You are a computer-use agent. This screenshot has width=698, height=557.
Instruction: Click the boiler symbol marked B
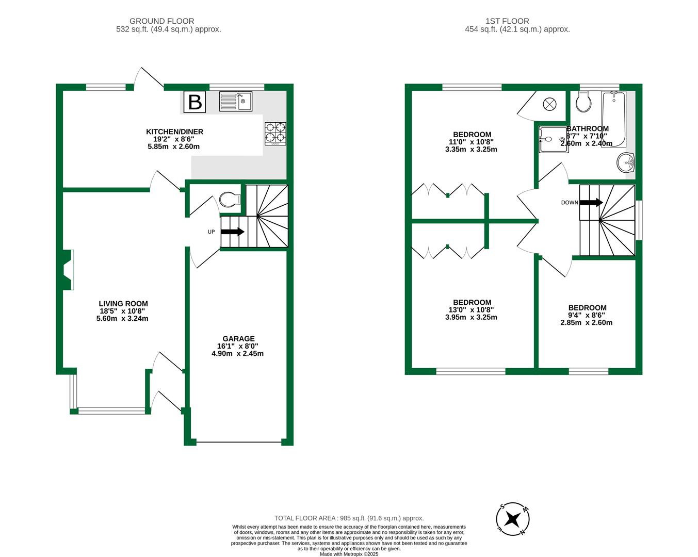point(194,102)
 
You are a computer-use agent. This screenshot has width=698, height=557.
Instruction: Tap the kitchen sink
point(236,101)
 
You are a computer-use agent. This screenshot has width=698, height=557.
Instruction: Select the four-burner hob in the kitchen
point(275,133)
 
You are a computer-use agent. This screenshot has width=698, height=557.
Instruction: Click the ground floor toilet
point(230,199)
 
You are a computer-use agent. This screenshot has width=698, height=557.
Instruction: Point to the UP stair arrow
point(233,232)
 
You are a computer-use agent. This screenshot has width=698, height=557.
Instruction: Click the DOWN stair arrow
point(591,203)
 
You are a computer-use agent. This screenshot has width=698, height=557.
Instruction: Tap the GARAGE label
point(238,339)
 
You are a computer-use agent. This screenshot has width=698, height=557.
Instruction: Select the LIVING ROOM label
point(123,304)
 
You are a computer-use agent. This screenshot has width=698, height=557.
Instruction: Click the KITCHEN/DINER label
point(174,132)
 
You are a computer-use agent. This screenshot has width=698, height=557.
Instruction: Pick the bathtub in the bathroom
point(613,119)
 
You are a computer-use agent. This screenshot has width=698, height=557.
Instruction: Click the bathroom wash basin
point(626,163)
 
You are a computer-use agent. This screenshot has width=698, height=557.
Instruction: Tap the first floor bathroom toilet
point(584,102)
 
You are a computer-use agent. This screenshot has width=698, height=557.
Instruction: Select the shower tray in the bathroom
point(552,139)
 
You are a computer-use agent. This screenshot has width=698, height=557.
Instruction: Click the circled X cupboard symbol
point(549,104)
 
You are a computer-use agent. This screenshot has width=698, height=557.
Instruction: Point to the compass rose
point(512,518)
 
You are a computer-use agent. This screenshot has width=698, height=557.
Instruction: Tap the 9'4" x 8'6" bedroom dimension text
point(587,315)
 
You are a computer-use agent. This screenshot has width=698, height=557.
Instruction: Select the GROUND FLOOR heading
point(161,21)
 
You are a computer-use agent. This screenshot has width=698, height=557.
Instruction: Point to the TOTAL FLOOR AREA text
point(349,518)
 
